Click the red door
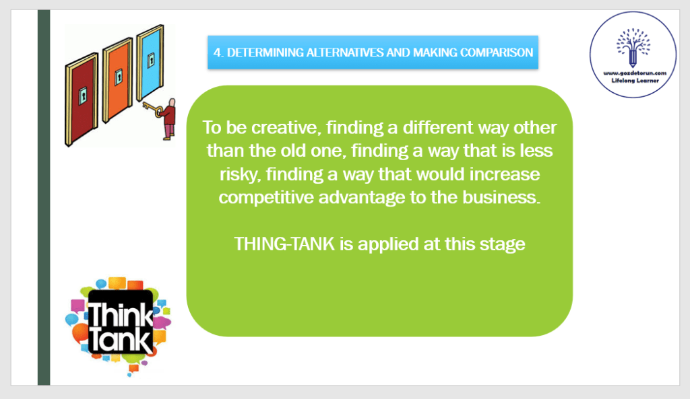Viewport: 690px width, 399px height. click(82, 100)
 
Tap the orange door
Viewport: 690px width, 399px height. click(118, 79)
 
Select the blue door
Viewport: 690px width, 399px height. click(150, 62)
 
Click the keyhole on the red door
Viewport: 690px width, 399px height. click(82, 96)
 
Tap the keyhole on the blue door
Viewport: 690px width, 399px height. click(151, 60)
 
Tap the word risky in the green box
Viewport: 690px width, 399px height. click(241, 175)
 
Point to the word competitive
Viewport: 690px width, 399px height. click(267, 198)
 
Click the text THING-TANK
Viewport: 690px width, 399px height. click(284, 244)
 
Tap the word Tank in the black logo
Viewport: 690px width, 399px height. click(120, 340)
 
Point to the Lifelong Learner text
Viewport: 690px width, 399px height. click(635, 81)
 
